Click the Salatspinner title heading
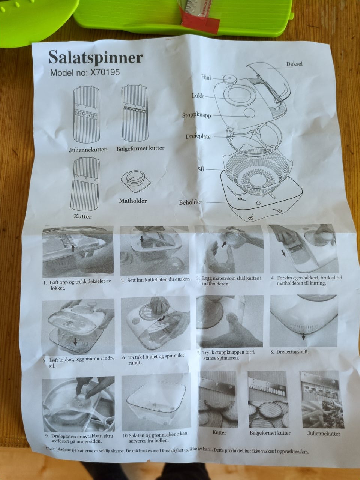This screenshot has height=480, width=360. [x=96, y=58]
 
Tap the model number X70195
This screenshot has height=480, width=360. [x=105, y=72]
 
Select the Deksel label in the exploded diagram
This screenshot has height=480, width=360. [x=294, y=64]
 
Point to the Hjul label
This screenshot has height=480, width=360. [x=206, y=77]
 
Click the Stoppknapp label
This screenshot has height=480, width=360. [x=196, y=115]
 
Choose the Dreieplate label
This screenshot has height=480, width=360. [x=198, y=136]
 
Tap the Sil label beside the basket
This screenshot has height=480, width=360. [x=200, y=169]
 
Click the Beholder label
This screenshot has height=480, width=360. [x=190, y=202]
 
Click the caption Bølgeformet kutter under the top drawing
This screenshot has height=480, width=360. [x=140, y=148]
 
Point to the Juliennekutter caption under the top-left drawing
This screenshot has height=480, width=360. [x=88, y=150]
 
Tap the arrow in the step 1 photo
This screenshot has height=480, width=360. [x=73, y=248]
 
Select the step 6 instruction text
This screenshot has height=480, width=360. [x=156, y=359]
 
